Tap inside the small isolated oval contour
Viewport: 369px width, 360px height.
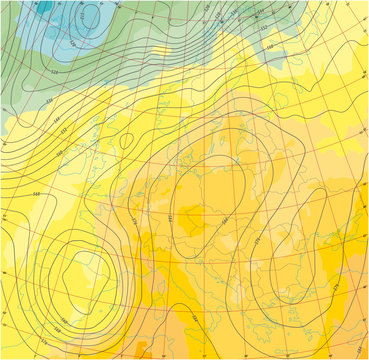click(x=127, y=141)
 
